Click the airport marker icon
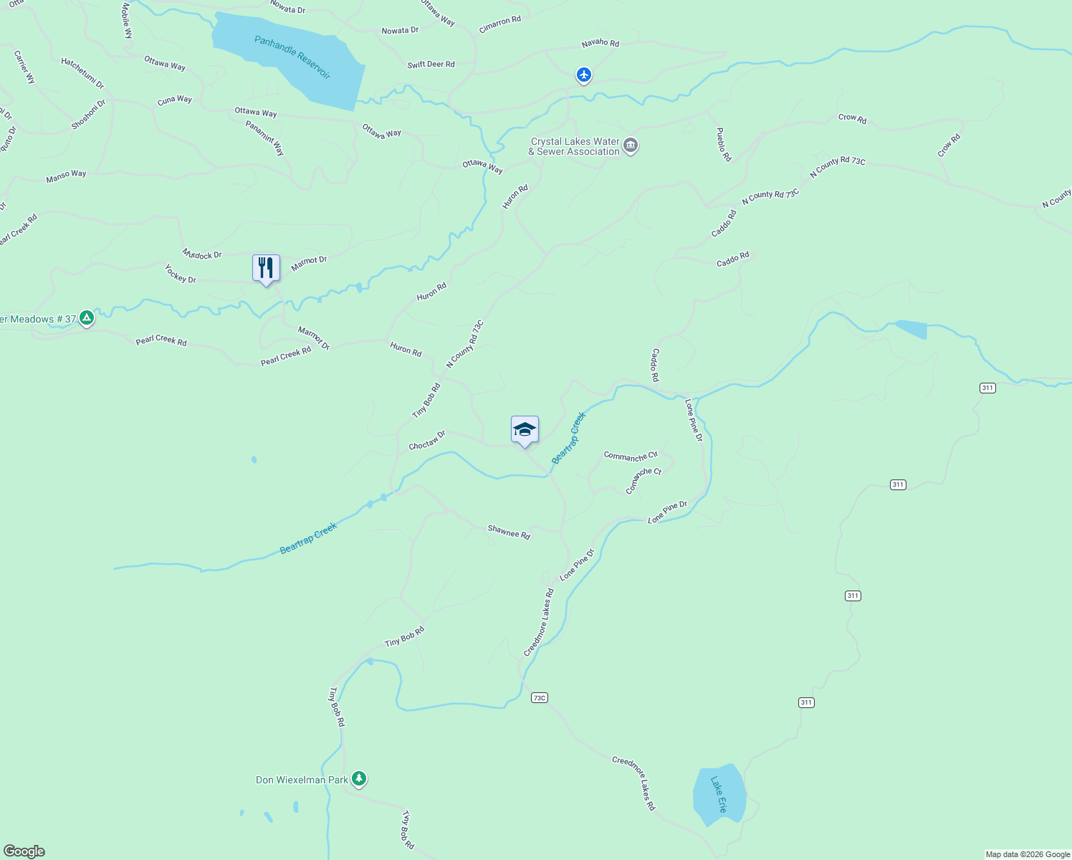click(x=584, y=74)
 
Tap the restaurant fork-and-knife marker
click(x=266, y=268)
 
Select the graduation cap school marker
click(x=525, y=429)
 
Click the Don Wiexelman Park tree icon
click(x=359, y=779)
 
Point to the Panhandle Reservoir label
click(x=292, y=57)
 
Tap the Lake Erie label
click(x=719, y=794)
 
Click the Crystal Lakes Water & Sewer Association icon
click(x=631, y=145)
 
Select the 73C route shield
click(x=540, y=697)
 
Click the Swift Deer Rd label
click(x=431, y=64)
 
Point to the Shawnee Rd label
click(x=509, y=532)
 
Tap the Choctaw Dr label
click(x=427, y=441)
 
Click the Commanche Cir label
click(x=631, y=457)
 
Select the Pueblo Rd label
click(x=724, y=144)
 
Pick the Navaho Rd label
click(x=600, y=43)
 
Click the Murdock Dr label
click(x=202, y=254)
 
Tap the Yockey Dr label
click(x=180, y=274)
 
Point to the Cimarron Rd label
click(x=500, y=24)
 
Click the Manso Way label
click(x=66, y=176)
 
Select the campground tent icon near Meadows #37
click(x=87, y=317)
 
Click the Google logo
click(x=24, y=851)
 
